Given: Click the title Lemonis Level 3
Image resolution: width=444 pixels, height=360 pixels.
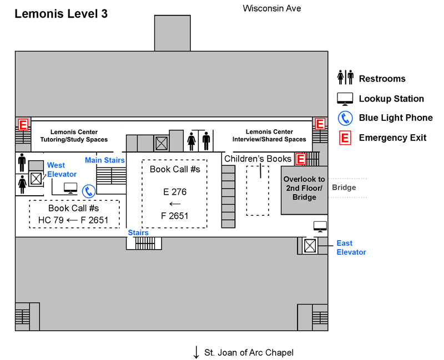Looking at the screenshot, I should click(61, 14).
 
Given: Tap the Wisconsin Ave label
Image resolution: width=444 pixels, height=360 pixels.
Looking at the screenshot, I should click(272, 8).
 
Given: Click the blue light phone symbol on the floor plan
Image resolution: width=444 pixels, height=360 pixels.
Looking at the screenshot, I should click(89, 192).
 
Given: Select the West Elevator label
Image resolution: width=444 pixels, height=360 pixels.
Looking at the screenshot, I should click(62, 170).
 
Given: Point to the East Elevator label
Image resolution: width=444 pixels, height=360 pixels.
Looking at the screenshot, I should click(351, 247).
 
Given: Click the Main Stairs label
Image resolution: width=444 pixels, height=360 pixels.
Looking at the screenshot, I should click(104, 160).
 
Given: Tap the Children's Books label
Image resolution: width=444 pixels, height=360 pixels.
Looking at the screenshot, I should click(258, 159).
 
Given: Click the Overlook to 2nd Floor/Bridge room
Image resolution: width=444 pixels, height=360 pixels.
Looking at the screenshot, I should click(304, 188).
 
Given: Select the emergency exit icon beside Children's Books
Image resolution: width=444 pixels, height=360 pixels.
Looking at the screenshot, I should click(301, 159).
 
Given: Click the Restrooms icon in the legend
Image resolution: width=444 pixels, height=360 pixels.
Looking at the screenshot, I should click(345, 78).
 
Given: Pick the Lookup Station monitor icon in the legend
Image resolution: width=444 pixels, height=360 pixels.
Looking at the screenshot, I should click(345, 99).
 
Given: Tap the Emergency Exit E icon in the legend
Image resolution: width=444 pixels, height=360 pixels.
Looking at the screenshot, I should click(345, 138).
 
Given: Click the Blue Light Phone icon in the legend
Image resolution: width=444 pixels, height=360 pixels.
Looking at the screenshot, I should click(345, 118).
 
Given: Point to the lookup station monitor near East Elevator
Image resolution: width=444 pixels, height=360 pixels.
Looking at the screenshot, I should click(320, 226).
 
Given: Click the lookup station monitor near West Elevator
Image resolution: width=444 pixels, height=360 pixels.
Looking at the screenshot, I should click(70, 187).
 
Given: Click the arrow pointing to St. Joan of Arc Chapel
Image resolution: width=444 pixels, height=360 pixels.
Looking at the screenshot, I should click(196, 352).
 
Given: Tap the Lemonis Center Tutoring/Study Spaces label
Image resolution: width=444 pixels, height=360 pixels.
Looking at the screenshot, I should click(74, 136).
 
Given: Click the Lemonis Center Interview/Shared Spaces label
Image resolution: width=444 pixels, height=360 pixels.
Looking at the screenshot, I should click(269, 136).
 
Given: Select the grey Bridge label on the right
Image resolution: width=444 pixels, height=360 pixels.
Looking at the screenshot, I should click(344, 187).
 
